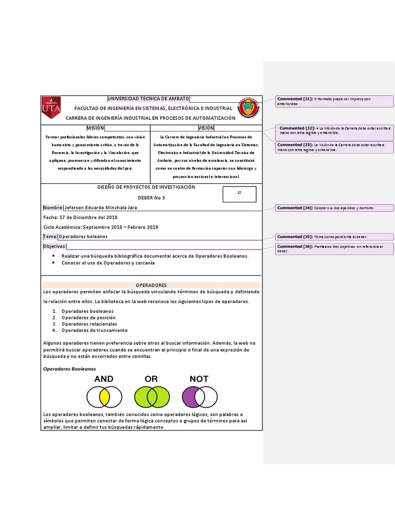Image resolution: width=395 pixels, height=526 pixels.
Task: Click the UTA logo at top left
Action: pos(51,107)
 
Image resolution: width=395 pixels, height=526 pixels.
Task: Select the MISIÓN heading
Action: pos(95,128)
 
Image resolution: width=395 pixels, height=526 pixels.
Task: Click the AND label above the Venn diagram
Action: pos(104,379)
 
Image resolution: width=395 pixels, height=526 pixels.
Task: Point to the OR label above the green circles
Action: pos(151,379)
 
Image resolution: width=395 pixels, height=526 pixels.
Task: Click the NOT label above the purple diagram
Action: pos(199,379)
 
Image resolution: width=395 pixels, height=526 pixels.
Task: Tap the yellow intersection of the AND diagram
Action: pos(104,397)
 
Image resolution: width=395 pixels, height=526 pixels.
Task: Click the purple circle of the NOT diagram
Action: pos(191,397)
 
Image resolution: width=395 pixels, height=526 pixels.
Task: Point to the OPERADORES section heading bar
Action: pos(151,285)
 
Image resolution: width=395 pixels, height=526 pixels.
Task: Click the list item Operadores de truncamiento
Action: pos(94,330)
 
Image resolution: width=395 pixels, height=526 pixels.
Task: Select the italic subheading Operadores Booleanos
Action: pos(69,369)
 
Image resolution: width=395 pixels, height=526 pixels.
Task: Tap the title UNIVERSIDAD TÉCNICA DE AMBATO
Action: pos(148,99)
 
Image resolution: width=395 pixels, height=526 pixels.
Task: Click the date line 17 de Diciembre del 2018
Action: pos(81,217)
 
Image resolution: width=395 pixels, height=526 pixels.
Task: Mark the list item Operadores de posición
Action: pos(88,317)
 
